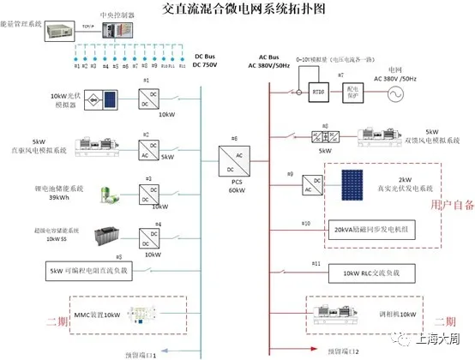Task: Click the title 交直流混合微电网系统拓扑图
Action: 237,10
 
